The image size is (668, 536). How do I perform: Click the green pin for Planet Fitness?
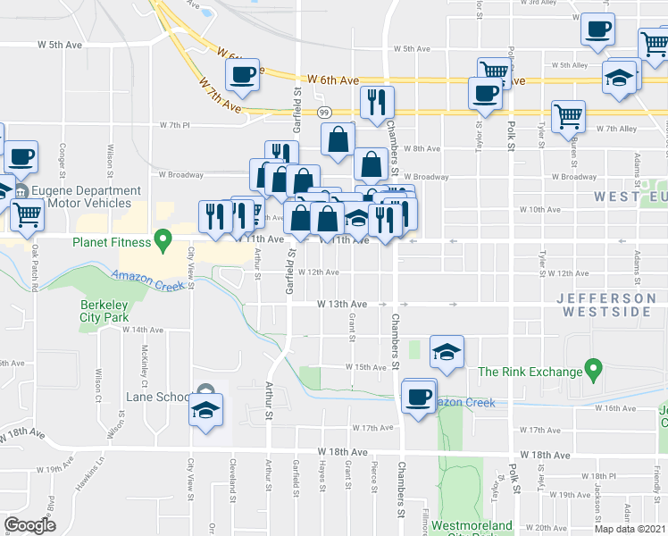tap(163, 239)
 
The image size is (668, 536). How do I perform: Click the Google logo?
tap(30, 524)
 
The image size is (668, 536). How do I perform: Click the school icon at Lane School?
tap(206, 411)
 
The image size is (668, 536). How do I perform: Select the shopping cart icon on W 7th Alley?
tap(568, 115)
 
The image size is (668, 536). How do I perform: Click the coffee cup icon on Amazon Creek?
tap(417, 396)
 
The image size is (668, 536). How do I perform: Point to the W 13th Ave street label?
tap(342, 304)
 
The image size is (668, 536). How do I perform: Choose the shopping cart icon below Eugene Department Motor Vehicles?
tap(28, 214)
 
